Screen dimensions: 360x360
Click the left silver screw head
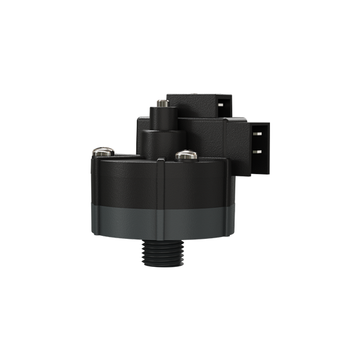pyautogui.click(x=102, y=152)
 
